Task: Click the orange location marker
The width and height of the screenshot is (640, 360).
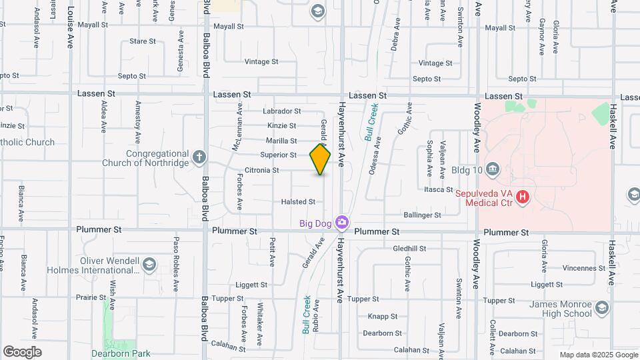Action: [x=320, y=159]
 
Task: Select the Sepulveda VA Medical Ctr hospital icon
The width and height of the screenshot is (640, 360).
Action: [x=523, y=197]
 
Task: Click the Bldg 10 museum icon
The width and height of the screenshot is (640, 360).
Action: [x=493, y=168]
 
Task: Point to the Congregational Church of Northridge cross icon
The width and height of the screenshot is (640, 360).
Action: [x=198, y=157]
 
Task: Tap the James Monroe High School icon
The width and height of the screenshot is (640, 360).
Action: [x=603, y=307]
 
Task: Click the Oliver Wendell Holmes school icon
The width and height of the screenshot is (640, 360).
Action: [x=150, y=265]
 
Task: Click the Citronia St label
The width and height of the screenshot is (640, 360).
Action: [x=261, y=170]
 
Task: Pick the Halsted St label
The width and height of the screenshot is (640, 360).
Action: [x=298, y=201]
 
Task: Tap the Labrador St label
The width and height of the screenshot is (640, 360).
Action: [x=282, y=111]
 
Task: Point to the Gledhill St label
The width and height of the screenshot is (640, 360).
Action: [x=409, y=248]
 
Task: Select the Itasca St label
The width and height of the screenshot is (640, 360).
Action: [x=439, y=189]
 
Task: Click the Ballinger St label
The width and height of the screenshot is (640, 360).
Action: [x=423, y=215]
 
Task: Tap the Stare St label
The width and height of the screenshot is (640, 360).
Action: [x=143, y=41]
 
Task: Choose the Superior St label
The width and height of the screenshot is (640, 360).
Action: [x=278, y=155]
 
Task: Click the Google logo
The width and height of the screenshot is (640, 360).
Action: [x=22, y=352]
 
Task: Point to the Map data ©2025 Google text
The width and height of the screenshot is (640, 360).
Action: [x=598, y=355]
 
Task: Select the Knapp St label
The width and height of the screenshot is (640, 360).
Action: [x=383, y=317]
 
